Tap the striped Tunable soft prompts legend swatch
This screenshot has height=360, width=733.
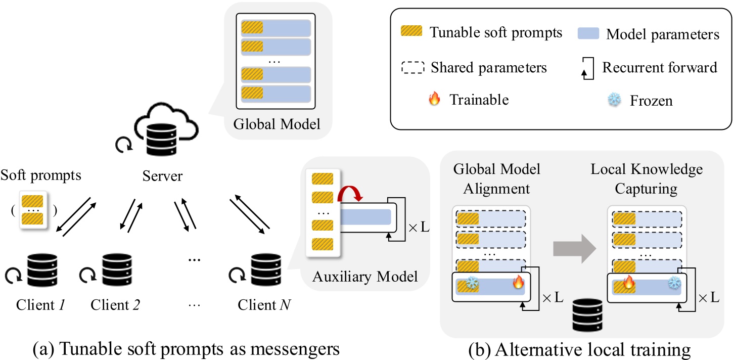pos(410,34)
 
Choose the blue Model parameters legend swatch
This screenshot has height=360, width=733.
pos(588,34)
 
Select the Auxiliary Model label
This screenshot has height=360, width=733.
pos(365,277)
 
